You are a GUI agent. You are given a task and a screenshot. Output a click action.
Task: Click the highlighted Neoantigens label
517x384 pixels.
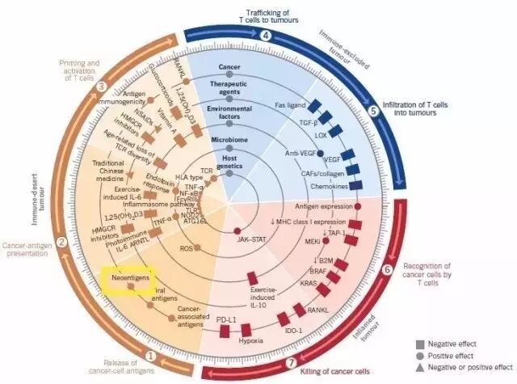coord(130,278)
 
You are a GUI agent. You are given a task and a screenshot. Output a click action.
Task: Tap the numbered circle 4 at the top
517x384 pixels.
coord(266,35)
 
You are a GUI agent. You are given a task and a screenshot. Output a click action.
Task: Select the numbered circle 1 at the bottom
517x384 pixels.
coord(149,352)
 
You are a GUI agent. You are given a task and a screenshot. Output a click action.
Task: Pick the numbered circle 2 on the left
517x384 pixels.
coord(60,242)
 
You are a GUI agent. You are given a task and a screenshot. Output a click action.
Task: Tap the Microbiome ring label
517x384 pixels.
coord(229,139)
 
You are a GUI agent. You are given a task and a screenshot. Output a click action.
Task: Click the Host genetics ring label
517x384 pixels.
coord(229,163)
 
